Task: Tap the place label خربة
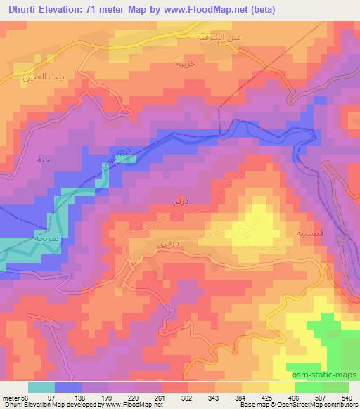click(x=185, y=63)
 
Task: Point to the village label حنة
click(x=43, y=160)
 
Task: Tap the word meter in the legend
click(x=10, y=397)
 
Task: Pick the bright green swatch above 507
click(x=309, y=387)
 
